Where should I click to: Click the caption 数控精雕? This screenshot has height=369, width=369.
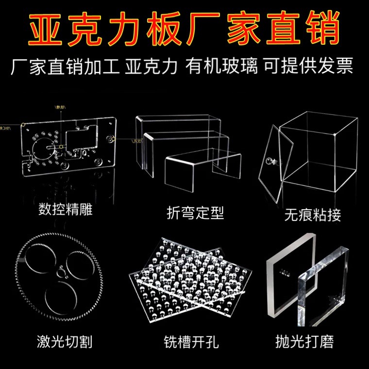coord(66,211)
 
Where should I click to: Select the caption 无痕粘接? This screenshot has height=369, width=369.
coord(313,214)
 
